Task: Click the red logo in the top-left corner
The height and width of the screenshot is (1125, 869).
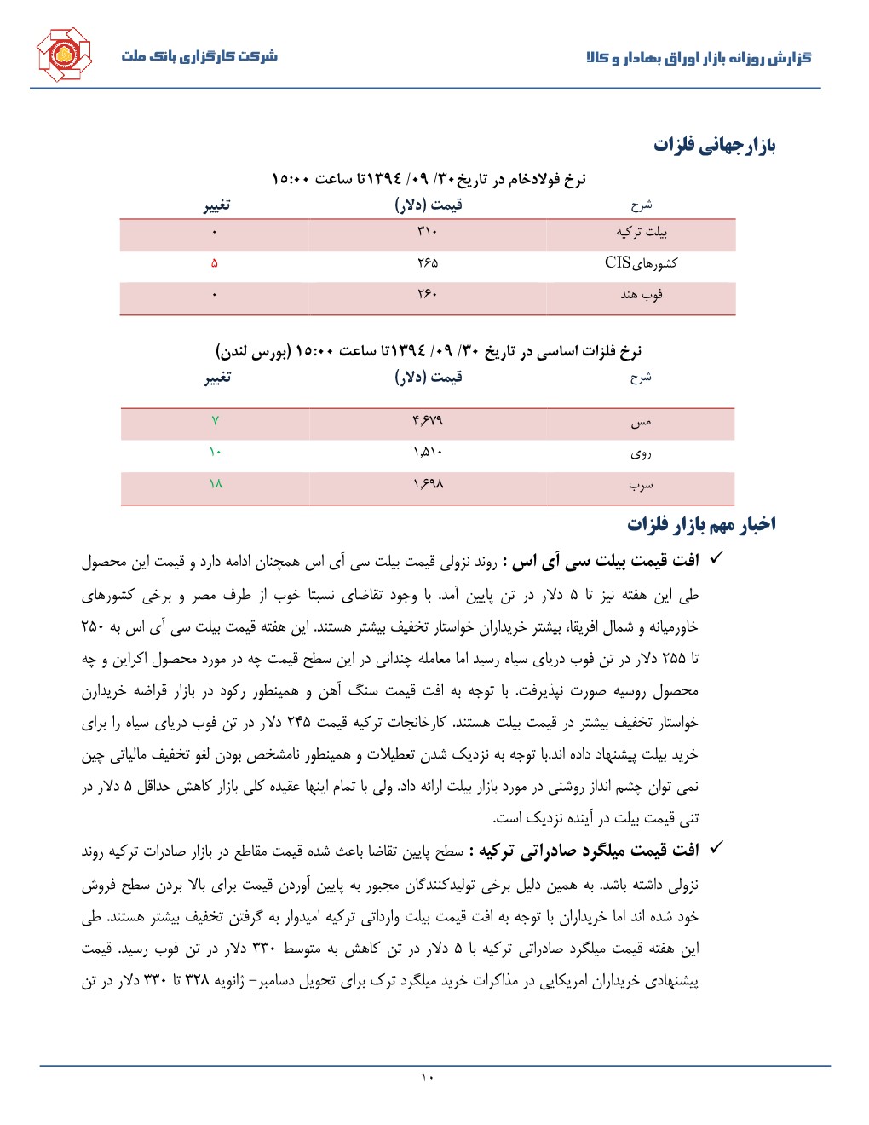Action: click(64, 55)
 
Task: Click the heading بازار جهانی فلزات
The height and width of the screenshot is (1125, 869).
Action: click(714, 145)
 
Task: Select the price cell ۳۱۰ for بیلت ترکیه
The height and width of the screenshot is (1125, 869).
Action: click(427, 232)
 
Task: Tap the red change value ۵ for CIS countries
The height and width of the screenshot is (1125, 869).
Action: click(215, 263)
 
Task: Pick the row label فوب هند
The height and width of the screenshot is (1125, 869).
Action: click(642, 295)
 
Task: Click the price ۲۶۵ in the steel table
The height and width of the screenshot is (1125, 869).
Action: click(427, 263)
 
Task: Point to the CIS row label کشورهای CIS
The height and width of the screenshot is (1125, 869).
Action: click(641, 262)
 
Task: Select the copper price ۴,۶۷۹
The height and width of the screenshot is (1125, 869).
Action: click(427, 421)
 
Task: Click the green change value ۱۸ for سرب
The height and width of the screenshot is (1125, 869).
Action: click(216, 484)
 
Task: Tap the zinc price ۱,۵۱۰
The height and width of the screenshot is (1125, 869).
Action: click(427, 453)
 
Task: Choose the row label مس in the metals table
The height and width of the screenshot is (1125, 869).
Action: click(641, 422)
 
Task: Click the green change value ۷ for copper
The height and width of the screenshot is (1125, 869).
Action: click(216, 421)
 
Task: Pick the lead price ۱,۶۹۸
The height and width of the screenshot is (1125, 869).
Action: click(427, 484)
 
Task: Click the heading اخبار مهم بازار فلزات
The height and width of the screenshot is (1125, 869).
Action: click(701, 524)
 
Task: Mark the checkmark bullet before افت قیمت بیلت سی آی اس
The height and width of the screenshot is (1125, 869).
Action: click(716, 558)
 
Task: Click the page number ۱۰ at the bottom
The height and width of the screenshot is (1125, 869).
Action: click(427, 1077)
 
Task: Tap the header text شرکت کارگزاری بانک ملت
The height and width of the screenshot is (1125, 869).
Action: click(199, 56)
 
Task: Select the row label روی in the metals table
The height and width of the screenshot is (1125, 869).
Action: click(641, 453)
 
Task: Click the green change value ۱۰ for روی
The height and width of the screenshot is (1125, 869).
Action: click(215, 453)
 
